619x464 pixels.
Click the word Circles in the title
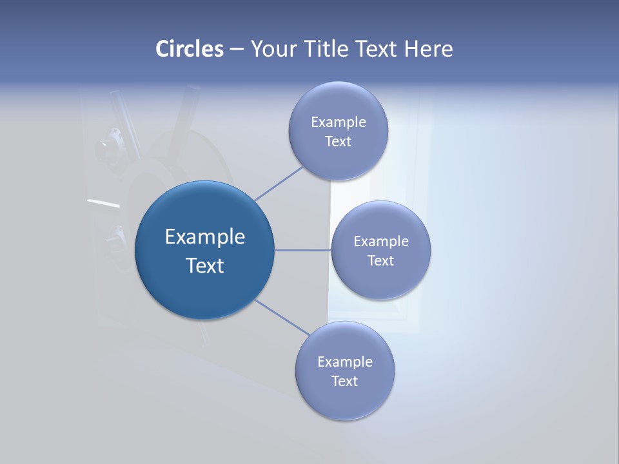(x=190, y=49)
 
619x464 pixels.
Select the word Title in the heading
(x=328, y=49)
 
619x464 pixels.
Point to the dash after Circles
(x=237, y=50)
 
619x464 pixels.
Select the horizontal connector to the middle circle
(x=302, y=250)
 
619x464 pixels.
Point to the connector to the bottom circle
(x=282, y=318)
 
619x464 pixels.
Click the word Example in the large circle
(x=205, y=237)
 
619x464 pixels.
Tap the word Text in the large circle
(x=205, y=266)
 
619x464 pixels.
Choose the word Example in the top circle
(x=339, y=122)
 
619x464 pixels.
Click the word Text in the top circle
(x=339, y=142)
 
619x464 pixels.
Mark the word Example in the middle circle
(x=381, y=242)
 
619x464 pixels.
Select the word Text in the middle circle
(x=381, y=261)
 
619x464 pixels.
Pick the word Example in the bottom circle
(x=345, y=362)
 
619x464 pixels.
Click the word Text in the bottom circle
(x=345, y=382)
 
